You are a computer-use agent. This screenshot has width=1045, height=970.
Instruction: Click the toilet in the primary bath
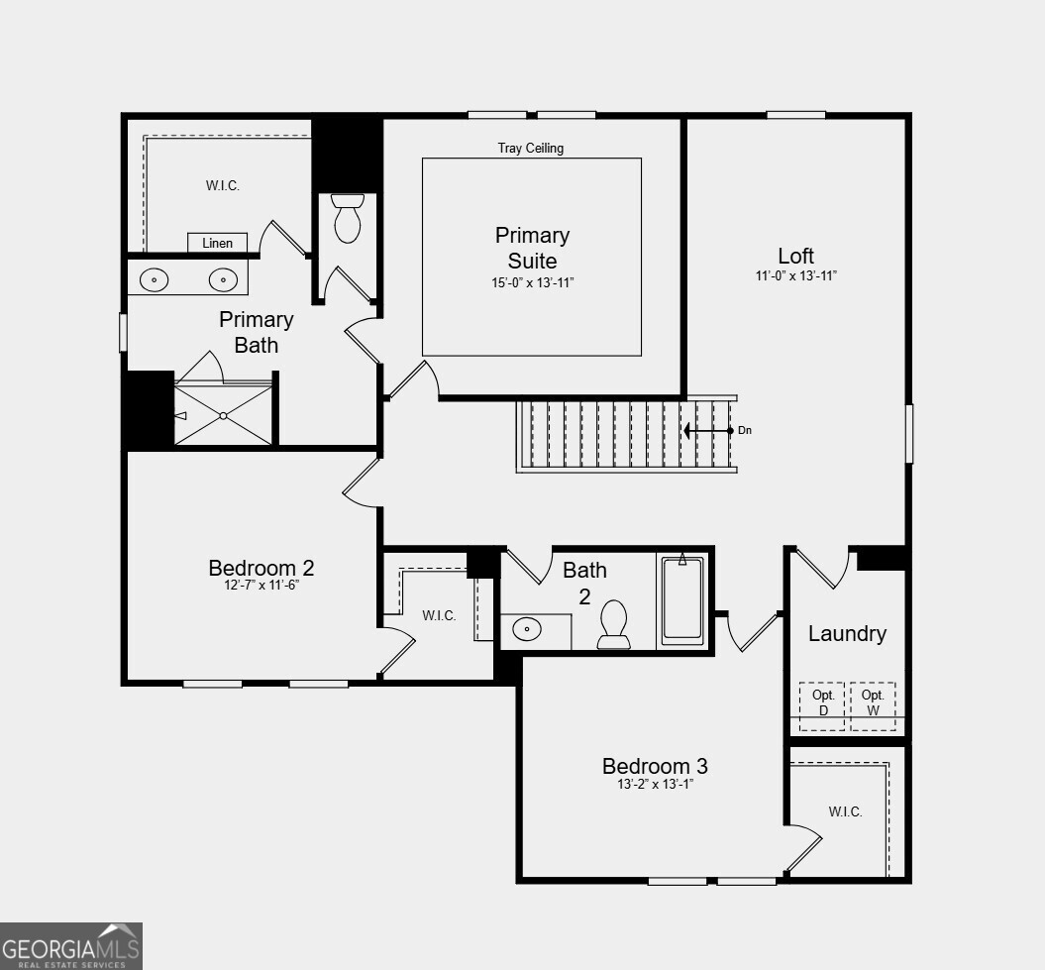348,219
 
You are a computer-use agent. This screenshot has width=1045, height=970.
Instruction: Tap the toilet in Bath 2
614,625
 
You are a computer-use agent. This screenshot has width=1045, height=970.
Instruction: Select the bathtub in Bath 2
682,601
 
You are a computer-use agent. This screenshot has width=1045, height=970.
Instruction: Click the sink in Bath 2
527,629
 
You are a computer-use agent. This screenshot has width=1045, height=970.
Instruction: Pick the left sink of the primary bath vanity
155,280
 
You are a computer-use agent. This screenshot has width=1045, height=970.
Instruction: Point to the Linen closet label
217,243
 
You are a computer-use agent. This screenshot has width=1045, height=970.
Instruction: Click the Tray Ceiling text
530,149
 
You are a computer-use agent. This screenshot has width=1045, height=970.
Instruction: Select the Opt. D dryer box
822,705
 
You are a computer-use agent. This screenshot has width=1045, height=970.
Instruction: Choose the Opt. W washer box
873,705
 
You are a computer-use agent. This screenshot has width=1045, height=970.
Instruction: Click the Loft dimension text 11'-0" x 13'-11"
795,276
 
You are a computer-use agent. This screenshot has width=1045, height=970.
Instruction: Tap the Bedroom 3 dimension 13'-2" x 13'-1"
655,784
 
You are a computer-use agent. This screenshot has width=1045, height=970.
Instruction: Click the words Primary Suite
532,248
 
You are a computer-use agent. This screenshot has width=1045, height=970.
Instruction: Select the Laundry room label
847,633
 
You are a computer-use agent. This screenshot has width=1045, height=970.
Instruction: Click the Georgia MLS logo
71,946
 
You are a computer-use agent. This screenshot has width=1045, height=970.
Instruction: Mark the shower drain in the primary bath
224,415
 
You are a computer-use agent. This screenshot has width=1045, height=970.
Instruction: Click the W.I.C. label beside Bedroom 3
845,811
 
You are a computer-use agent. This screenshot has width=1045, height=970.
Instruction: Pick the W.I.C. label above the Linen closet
223,185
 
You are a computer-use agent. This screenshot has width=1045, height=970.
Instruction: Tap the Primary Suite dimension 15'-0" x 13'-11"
532,282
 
